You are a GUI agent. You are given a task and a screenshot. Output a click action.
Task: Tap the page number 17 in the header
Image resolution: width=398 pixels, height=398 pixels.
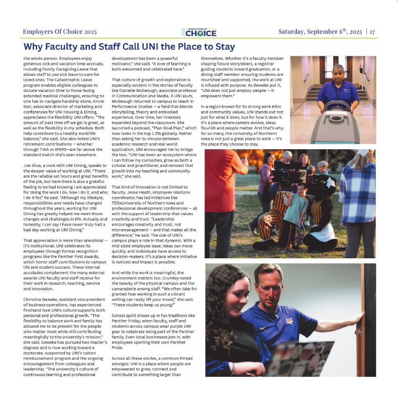372,32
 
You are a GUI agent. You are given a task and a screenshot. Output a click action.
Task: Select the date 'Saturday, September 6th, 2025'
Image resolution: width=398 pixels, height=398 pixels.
320,32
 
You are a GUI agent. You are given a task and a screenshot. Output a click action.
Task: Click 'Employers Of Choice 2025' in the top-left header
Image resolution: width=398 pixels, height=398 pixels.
60,32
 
